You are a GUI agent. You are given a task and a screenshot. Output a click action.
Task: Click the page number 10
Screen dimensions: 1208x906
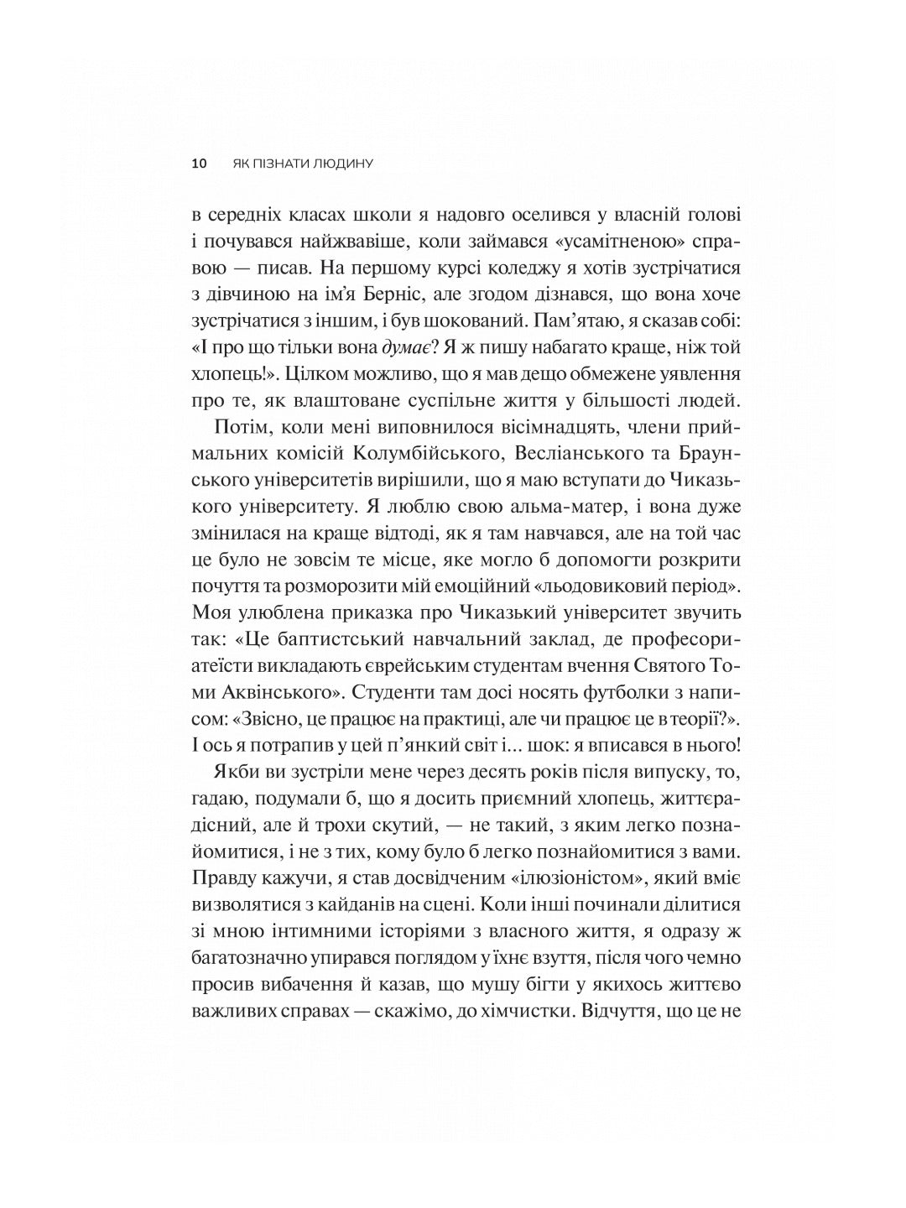(x=199, y=164)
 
